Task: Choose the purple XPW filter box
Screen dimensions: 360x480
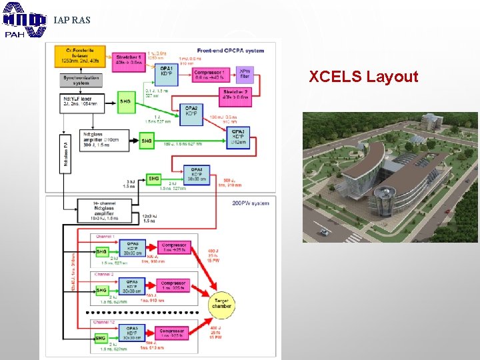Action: [245, 74]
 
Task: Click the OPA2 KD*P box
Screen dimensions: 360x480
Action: [191, 111]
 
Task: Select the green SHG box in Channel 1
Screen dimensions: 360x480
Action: [101, 251]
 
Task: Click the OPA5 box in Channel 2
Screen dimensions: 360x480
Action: [133, 288]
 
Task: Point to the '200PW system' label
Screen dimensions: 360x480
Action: [251, 203]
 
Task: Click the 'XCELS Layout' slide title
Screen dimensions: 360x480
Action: [363, 77]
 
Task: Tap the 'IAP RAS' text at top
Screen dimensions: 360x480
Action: [71, 20]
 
